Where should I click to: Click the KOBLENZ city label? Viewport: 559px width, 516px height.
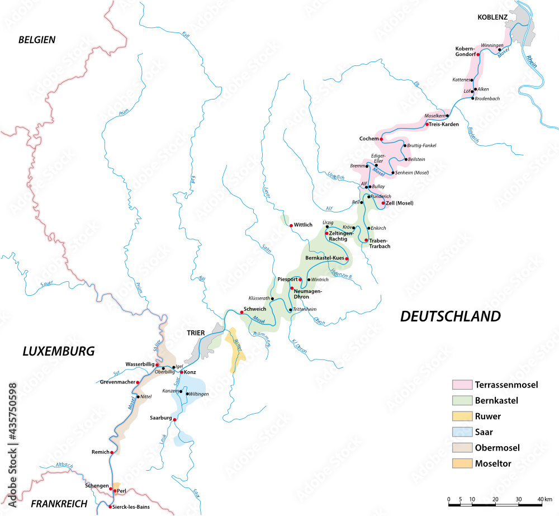(492, 17)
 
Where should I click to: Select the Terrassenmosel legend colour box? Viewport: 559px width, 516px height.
(461, 385)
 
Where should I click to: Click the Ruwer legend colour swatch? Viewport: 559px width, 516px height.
(461, 416)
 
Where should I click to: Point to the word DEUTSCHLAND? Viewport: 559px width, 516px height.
(451, 316)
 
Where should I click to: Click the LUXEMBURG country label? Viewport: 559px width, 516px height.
(58, 351)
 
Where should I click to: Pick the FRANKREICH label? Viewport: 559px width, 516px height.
(59, 503)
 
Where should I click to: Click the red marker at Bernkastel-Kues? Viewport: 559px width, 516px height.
(347, 258)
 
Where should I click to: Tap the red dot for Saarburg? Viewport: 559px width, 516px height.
(174, 419)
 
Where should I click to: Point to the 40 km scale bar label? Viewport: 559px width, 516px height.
(544, 499)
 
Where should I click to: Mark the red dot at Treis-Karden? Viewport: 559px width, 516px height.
(427, 124)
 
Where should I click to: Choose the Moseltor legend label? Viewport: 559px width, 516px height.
(494, 463)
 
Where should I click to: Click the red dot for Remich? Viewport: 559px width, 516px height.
(112, 452)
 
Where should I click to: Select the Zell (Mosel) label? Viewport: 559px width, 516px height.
(400, 203)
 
